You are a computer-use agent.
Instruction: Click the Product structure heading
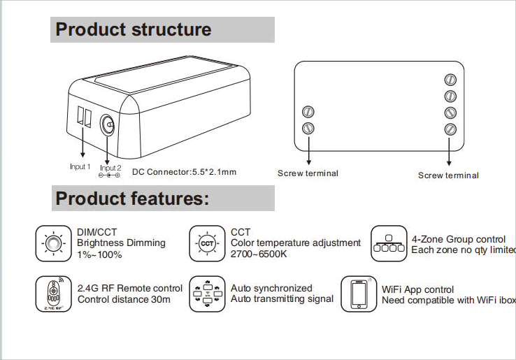[x=133, y=30]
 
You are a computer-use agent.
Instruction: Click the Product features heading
[x=132, y=199]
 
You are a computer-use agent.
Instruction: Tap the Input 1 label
[x=80, y=167]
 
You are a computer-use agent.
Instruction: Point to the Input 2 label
[x=110, y=168]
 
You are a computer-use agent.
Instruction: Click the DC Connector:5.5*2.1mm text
[x=185, y=172]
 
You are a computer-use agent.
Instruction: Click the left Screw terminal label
[x=308, y=173]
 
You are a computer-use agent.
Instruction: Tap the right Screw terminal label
[x=448, y=175]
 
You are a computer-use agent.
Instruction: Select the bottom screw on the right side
[x=450, y=129]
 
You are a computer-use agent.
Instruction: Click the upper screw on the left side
[x=308, y=112]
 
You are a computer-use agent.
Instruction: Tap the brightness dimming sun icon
[x=52, y=243]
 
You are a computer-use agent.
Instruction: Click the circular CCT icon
[x=206, y=243]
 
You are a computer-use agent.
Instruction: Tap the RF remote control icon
[x=52, y=294]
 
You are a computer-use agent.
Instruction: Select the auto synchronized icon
[x=206, y=294]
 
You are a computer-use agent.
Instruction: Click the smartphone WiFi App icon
[x=358, y=294]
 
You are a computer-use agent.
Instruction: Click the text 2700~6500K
[x=259, y=254]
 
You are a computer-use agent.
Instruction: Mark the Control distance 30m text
[x=124, y=300]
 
